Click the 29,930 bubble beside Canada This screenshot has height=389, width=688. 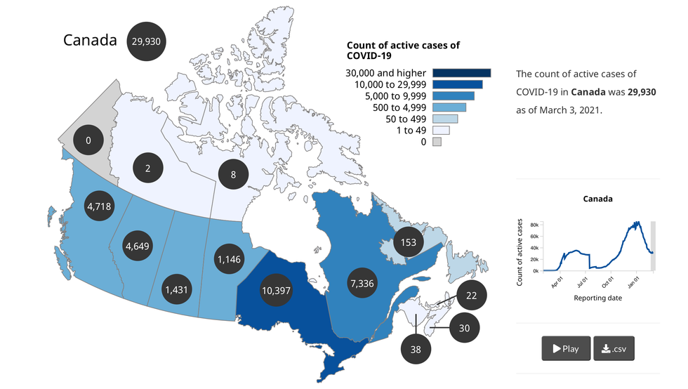146,41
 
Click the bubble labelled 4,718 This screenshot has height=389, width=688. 98,206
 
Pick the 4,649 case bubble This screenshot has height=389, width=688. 138,246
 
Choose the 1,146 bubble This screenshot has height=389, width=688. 230,258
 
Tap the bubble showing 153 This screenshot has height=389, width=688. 409,243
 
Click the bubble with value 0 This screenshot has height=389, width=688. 88,140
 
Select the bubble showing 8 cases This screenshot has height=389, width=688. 233,174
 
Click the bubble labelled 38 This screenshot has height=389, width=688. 416,349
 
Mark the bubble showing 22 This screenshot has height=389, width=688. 471,296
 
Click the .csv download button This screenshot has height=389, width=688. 614,348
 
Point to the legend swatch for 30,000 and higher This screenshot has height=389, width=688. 461,73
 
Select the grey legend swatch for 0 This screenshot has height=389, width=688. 437,142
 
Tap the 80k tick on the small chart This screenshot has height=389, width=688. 534,225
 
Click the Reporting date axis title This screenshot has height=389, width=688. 597,298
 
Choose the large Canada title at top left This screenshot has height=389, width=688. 90,40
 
